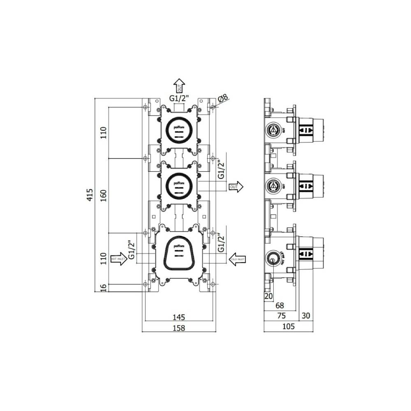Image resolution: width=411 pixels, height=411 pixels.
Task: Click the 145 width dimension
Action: click(x=179, y=317)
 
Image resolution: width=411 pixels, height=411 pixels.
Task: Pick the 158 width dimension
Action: click(x=179, y=328)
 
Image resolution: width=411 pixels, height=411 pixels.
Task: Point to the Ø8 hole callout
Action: click(x=222, y=98)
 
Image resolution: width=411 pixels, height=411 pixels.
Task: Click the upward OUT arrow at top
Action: click(x=179, y=86)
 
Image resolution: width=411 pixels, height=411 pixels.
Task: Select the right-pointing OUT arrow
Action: click(x=236, y=187)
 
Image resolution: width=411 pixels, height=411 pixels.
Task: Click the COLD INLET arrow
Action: click(x=237, y=259)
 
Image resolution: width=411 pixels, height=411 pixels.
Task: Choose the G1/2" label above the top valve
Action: click(x=179, y=98)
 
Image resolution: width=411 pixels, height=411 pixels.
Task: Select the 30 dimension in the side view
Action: click(x=306, y=316)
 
